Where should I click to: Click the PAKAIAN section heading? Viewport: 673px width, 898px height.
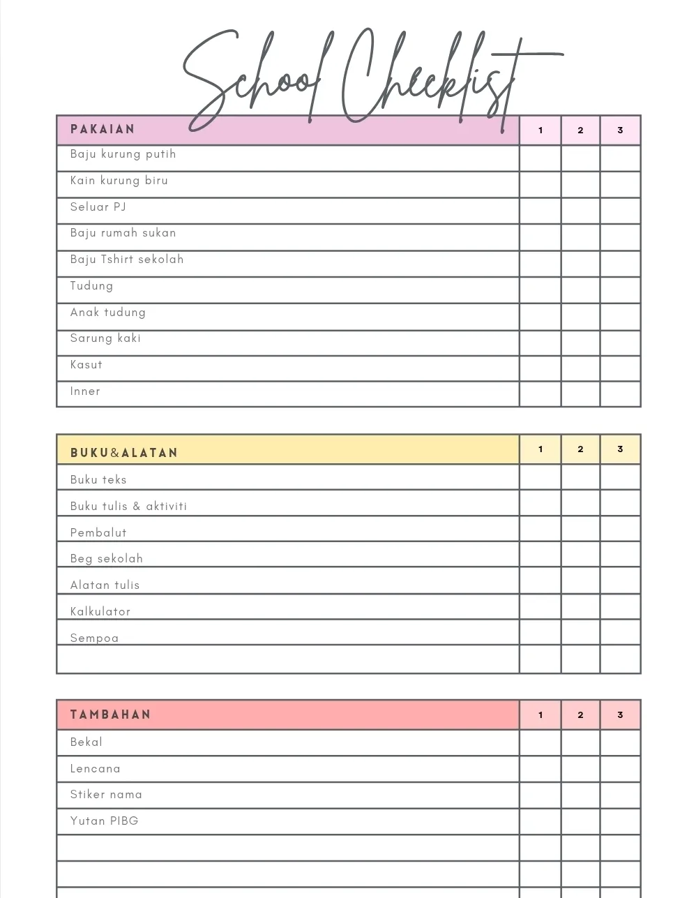103,130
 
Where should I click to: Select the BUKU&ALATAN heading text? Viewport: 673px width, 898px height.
124,453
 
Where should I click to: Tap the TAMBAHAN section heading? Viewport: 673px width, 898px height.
110,714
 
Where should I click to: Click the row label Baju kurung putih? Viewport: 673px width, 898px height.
123,154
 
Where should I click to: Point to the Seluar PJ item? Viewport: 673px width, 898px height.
98,207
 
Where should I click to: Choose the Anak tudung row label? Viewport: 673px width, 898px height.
107,313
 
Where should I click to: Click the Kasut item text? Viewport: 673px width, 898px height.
86,365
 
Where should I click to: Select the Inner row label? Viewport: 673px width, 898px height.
85,391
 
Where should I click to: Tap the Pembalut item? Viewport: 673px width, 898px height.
98,533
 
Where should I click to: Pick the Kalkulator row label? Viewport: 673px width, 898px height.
100,612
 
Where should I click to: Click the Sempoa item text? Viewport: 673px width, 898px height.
94,638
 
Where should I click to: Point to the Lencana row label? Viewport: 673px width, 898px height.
95,769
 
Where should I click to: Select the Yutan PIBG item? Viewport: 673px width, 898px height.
104,821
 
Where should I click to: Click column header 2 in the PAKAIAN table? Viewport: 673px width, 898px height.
580,130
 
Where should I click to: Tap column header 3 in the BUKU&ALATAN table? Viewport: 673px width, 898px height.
620,449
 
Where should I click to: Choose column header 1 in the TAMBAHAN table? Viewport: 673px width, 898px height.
540,715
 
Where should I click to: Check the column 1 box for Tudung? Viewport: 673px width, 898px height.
540,290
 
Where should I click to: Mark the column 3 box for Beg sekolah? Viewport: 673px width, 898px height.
620,555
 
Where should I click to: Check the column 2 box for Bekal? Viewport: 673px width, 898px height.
580,742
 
